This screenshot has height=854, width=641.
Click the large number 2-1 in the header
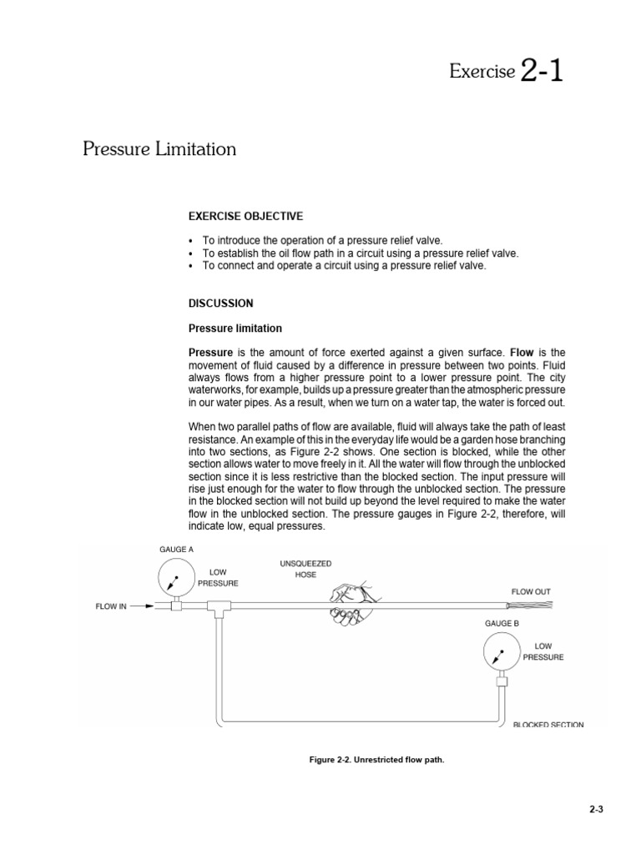point(541,71)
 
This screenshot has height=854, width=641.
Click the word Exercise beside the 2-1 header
point(482,73)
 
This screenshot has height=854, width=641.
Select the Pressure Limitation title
point(159,149)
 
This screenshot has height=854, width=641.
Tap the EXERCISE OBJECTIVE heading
point(245,216)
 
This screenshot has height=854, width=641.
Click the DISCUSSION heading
point(221,303)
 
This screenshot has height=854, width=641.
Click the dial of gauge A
point(175,578)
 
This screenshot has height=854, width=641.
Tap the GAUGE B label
point(502,623)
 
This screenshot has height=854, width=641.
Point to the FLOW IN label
point(111,606)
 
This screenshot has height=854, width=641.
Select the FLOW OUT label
point(531,591)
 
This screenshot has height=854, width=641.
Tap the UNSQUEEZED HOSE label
point(305,570)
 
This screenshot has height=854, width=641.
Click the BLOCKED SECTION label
point(548,725)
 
